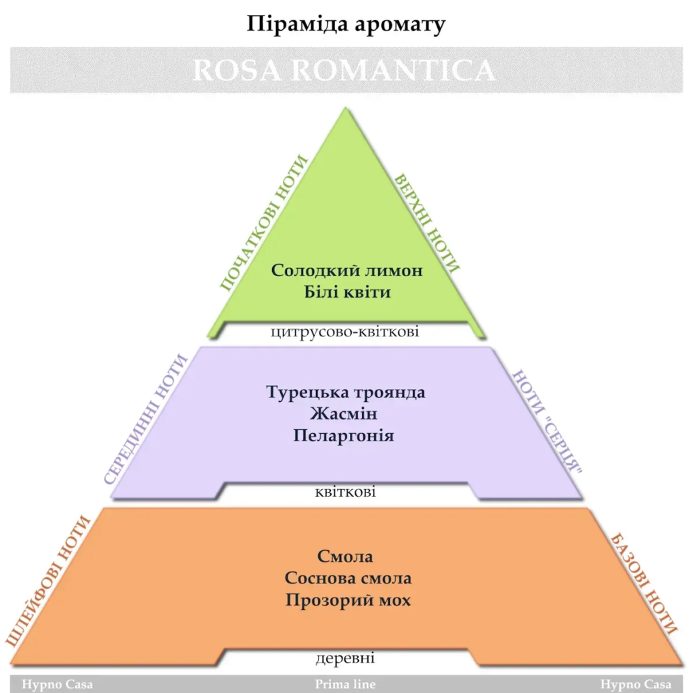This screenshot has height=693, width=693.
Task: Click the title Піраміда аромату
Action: pyautogui.click(x=346, y=24)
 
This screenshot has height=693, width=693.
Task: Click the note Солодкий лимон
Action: pyautogui.click(x=346, y=270)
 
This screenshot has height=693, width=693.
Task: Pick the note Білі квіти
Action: pyautogui.click(x=346, y=293)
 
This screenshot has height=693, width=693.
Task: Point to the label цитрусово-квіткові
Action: pyautogui.click(x=344, y=332)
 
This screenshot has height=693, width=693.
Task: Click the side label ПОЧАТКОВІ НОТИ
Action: pyautogui.click(x=264, y=223)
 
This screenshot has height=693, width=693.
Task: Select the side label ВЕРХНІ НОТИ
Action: pyautogui.click(x=427, y=223)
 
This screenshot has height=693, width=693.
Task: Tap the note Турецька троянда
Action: pyautogui.click(x=346, y=392)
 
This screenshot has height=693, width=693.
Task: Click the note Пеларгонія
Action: pyautogui.click(x=344, y=435)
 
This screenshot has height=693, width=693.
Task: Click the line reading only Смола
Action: pyautogui.click(x=345, y=556)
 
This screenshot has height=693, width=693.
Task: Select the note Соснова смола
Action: pyautogui.click(x=348, y=579)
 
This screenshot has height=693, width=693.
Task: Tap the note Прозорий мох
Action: pyautogui.click(x=348, y=600)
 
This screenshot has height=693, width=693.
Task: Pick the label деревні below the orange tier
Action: pyautogui.click(x=345, y=658)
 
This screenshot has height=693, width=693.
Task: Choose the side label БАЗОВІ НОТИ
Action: pyautogui.click(x=644, y=581)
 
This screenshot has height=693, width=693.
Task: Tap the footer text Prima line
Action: pyautogui.click(x=345, y=684)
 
